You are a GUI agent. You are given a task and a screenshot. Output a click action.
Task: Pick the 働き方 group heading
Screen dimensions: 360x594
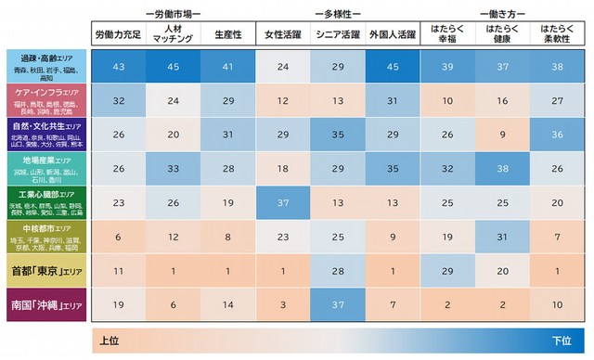503,14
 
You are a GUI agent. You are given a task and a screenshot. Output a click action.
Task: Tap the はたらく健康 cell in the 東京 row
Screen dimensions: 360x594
502,271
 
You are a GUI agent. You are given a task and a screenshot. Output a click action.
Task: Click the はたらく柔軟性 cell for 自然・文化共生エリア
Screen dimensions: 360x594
557,135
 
